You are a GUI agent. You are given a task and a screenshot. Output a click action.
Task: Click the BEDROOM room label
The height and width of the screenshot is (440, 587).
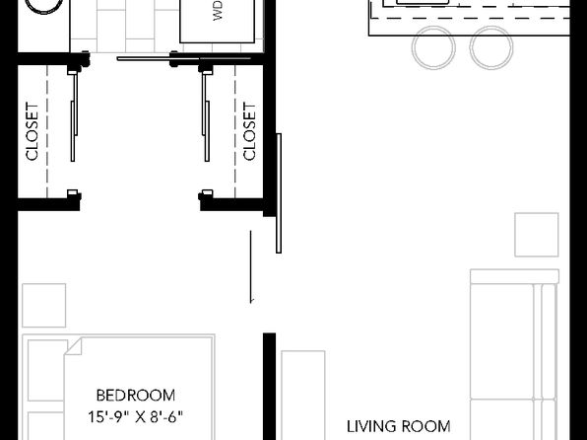tap(136, 396)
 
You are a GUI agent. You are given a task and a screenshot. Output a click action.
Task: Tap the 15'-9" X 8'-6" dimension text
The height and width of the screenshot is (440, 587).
tap(136, 416)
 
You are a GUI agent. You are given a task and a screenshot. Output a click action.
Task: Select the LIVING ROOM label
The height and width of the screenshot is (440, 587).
tap(398, 426)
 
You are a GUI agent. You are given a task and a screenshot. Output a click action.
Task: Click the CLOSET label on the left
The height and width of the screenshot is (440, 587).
tap(33, 131)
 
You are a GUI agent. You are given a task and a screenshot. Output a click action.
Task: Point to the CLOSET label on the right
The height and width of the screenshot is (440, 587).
tap(249, 131)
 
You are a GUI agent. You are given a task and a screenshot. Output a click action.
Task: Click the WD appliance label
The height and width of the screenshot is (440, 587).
tap(218, 10)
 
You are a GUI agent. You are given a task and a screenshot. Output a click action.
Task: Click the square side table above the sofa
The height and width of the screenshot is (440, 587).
tap(537, 235)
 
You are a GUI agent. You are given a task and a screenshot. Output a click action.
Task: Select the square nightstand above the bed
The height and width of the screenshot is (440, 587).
tap(43, 306)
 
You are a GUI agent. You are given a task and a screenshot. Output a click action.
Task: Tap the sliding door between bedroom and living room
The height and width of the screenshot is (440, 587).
tap(279, 193)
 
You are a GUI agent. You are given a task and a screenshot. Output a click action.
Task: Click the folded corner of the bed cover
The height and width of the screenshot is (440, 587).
tap(73, 346)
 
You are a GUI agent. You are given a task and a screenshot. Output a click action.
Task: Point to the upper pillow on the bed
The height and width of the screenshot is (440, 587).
tap(47, 370)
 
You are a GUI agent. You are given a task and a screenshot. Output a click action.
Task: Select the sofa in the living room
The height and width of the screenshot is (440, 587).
tap(514, 354)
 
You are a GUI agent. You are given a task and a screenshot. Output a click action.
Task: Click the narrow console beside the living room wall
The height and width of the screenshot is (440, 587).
tap(303, 396)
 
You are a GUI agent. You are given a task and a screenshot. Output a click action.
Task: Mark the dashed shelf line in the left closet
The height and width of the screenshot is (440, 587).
tap(47, 131)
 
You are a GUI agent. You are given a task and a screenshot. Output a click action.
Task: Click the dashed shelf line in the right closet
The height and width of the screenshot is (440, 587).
tap(235, 131)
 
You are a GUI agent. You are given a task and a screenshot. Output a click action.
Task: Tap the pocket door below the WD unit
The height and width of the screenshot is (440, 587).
tap(184, 58)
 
